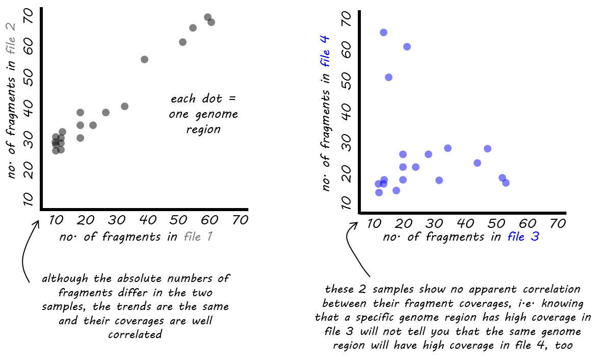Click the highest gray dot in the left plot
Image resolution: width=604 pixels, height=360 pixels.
[207, 17]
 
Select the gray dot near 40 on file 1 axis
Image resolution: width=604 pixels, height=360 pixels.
[144, 59]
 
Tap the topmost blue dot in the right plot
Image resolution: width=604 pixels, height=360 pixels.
[383, 32]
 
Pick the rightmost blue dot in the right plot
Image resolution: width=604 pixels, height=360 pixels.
[506, 183]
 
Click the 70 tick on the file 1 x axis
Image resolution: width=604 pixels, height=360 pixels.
[240, 220]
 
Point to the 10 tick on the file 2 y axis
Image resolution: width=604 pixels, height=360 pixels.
[28, 199]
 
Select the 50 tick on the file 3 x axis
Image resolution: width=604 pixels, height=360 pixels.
[496, 223]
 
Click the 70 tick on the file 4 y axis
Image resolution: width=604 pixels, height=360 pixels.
[346, 18]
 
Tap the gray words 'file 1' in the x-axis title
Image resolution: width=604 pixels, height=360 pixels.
[198, 236]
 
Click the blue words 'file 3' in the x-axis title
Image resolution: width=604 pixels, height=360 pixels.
[523, 236]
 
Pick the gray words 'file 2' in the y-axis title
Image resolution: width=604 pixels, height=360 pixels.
[10, 37]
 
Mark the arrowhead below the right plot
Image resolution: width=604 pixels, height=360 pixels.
[354, 225]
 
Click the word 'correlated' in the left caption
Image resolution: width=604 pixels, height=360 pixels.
[135, 334]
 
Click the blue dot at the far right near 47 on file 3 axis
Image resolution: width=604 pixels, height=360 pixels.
[488, 149]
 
